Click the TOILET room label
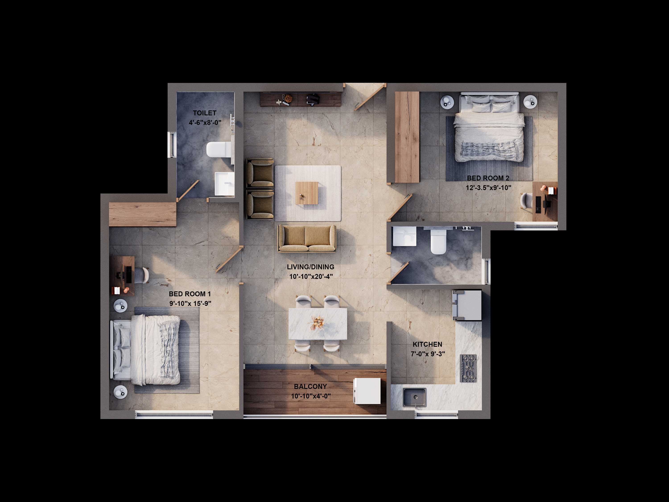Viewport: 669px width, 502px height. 204,113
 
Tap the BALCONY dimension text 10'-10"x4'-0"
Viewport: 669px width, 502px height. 311,396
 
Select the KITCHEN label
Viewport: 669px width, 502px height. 427,344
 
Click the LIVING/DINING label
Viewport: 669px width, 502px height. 311,267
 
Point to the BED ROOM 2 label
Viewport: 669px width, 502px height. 488,178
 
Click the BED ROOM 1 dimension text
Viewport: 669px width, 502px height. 190,303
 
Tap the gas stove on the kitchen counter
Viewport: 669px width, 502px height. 468,368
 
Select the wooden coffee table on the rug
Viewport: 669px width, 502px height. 307,193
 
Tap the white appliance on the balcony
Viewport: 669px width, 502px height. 367,391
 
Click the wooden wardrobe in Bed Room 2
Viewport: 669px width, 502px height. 407,137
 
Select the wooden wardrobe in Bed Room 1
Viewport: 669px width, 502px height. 142,214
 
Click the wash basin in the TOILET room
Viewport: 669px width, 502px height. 224,184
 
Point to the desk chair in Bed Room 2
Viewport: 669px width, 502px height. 526,200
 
